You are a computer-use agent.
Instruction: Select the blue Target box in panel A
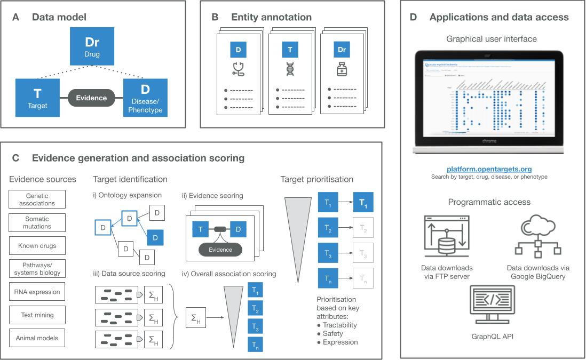[37, 97]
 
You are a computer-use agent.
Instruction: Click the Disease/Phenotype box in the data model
[145, 97]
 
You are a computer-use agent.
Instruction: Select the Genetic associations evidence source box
[37, 199]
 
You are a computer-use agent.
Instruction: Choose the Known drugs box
[37, 246]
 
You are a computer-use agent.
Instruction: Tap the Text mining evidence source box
[37, 315]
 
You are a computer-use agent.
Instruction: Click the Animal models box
[37, 338]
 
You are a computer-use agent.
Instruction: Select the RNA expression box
[37, 292]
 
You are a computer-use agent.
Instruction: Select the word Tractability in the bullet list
[339, 325]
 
